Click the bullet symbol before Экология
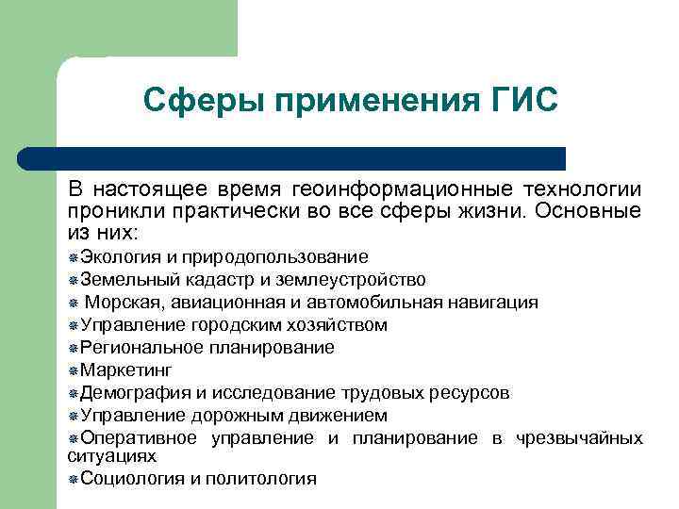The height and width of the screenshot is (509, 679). coord(74,258)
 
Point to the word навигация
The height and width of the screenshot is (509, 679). coord(491,303)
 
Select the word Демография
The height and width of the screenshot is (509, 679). coord(129,392)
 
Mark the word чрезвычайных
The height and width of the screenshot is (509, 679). coord(580,437)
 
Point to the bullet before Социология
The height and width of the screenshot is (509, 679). coord(74,479)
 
